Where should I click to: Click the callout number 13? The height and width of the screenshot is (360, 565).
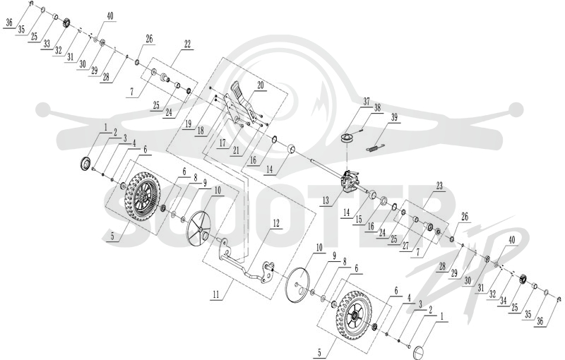click(x=326, y=200)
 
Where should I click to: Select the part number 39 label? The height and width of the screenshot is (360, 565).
click(x=394, y=117)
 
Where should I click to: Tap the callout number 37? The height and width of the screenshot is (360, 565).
click(x=367, y=102)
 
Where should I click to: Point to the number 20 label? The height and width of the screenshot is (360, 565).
click(x=261, y=85)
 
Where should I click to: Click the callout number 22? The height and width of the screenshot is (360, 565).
click(x=187, y=44)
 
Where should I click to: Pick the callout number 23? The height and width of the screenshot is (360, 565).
click(x=439, y=186)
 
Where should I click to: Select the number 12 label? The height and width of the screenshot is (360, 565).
click(x=276, y=223)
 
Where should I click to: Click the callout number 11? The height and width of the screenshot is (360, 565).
click(x=216, y=295)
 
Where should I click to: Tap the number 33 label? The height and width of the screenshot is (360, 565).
click(x=47, y=44)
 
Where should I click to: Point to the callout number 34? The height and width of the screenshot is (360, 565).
click(x=504, y=301)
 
